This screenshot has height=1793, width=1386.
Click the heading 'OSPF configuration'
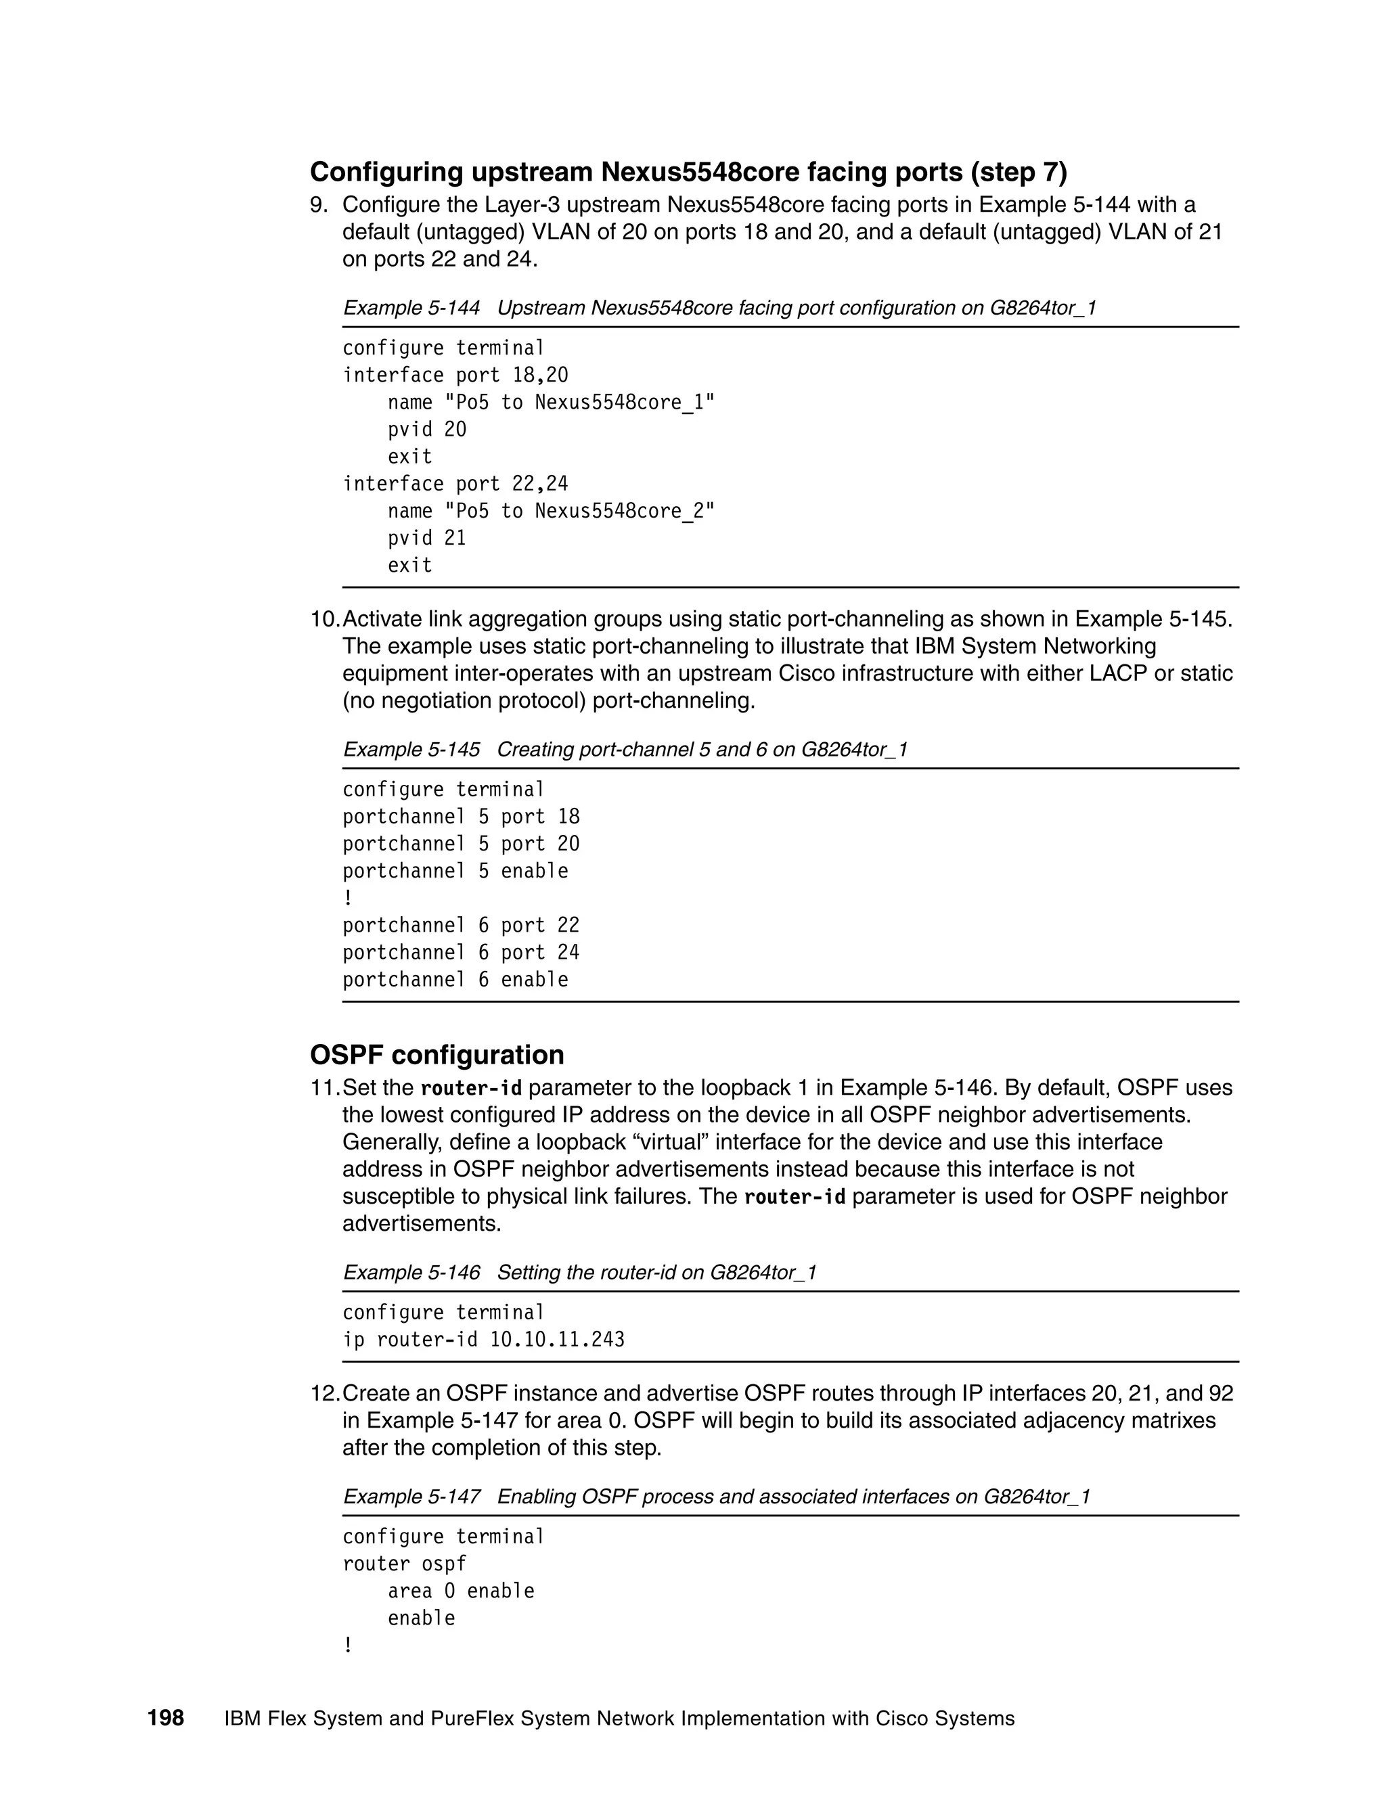[x=437, y=1055]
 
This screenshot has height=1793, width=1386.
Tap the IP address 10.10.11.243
[x=557, y=1340]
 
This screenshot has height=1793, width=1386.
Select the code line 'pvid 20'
[x=426, y=430]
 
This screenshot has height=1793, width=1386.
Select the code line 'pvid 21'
[x=426, y=538]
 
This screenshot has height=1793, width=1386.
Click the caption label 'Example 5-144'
[x=411, y=308]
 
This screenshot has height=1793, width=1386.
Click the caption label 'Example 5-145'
[x=411, y=750]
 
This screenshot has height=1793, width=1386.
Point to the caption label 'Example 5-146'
[x=411, y=1273]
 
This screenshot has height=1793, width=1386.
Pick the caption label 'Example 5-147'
[x=411, y=1497]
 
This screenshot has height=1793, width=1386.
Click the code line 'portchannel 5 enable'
[x=455, y=871]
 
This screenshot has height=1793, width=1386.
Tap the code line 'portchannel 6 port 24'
[x=461, y=953]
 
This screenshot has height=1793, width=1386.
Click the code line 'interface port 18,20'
[x=455, y=376]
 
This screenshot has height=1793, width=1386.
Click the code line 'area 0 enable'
[x=461, y=1591]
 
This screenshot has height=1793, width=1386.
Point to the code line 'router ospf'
[x=404, y=1564]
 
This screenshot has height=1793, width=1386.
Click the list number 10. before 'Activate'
[x=325, y=619]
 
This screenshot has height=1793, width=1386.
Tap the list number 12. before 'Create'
[x=325, y=1393]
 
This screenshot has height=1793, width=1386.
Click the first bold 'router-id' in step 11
[x=471, y=1089]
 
